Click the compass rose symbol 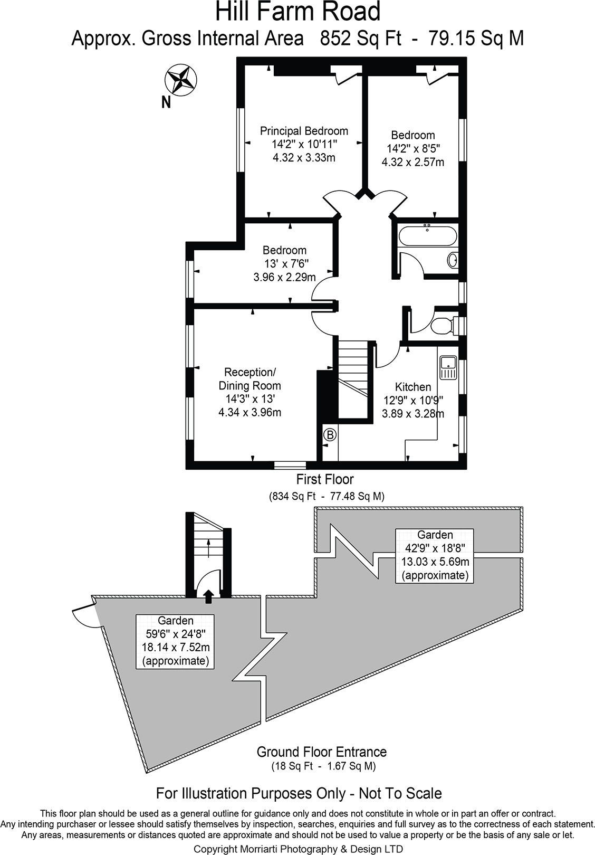(181, 79)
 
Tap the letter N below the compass (166, 102)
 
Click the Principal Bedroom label (304, 131)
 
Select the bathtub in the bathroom (428, 236)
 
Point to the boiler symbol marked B (330, 435)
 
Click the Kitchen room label (413, 387)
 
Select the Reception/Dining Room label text (249, 379)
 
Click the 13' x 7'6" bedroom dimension (285, 263)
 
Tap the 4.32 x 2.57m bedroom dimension (413, 163)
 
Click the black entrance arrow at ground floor (208, 596)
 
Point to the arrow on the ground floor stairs (208, 548)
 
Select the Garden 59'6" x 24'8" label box (175, 641)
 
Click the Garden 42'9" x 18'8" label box (435, 555)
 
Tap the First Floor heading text (324, 479)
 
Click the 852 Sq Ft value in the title (361, 39)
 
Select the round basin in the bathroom (452, 260)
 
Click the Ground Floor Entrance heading (321, 752)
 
